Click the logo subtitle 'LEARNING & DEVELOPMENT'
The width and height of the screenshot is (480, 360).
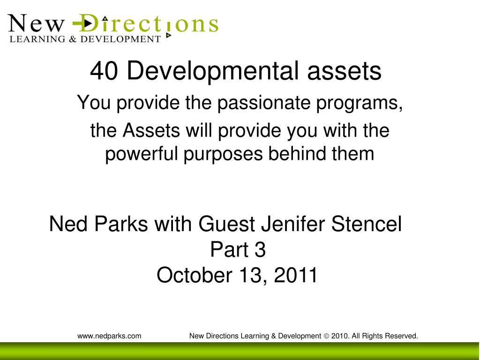[85, 39]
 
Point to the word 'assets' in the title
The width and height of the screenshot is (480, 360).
[345, 71]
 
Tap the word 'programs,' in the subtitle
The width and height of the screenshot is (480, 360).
[359, 103]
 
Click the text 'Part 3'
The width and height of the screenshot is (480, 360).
[238, 250]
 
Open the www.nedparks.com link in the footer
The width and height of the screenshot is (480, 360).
[109, 336]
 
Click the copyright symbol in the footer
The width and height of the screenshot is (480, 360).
[326, 336]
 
